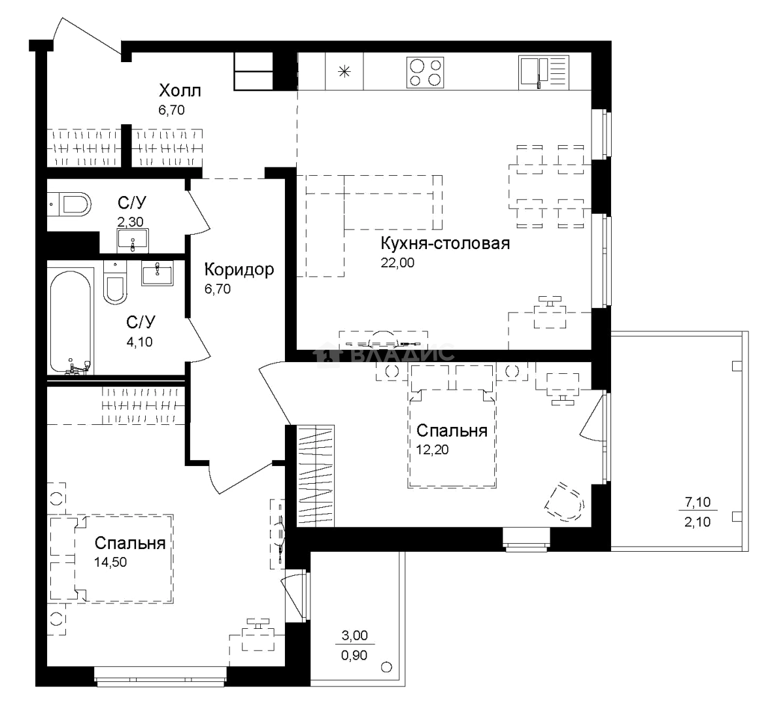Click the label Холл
coord(180,91)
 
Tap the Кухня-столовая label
coord(445,243)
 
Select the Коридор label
coord(239,270)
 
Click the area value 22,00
coord(397,263)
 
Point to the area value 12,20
coord(433,449)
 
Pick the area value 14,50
coord(110,562)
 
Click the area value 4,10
coord(139,342)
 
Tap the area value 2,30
coord(130,222)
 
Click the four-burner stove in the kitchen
coord(425,73)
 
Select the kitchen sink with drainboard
coord(544,73)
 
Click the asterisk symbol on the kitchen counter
coord(345,72)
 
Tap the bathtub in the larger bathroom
coord(71,322)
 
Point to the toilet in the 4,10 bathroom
coord(115,283)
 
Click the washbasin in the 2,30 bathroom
coord(133,240)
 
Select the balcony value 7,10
coord(697,501)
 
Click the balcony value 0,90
coord(354,655)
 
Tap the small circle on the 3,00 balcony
coord(386,667)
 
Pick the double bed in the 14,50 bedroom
coord(110,558)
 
